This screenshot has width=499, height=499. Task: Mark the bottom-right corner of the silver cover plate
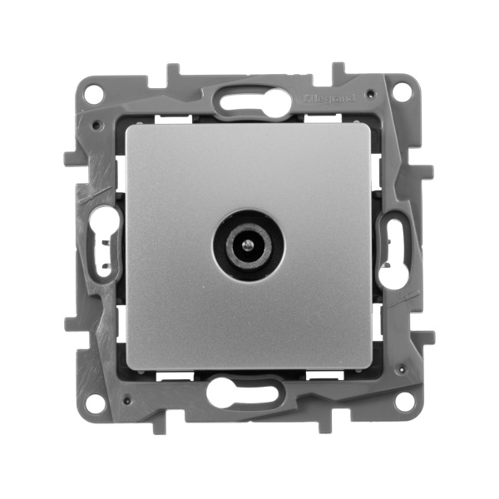pos(371,370)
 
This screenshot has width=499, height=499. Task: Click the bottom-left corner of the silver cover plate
pos(126,370)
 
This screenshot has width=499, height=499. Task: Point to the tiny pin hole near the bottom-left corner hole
pos(122,390)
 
